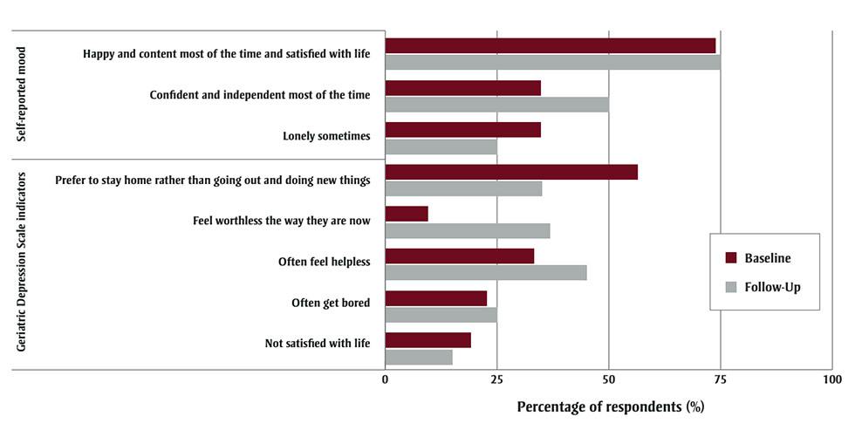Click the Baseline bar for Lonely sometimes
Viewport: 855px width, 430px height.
(x=462, y=130)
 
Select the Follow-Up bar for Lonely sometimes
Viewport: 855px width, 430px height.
(x=441, y=147)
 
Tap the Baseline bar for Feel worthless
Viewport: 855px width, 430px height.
(x=407, y=214)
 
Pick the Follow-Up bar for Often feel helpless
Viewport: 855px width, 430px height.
(x=485, y=273)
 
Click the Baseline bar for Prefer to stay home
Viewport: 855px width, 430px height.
(x=511, y=172)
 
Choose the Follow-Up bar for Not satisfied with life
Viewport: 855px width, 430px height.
(x=419, y=357)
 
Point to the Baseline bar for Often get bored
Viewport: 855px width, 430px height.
(x=435, y=298)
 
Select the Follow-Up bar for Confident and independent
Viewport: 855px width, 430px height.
(x=496, y=105)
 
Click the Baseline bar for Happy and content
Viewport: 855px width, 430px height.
(x=550, y=46)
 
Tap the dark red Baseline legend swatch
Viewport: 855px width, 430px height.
(x=731, y=258)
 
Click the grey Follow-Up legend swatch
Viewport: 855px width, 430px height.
(x=731, y=286)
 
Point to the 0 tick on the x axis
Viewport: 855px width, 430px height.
(x=385, y=380)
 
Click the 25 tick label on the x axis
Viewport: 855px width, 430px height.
(x=496, y=380)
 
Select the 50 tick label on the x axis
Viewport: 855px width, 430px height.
(x=608, y=380)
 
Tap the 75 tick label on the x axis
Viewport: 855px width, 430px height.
(x=720, y=380)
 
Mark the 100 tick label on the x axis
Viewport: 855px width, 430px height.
(x=831, y=380)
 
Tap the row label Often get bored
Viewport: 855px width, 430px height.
(x=331, y=304)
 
